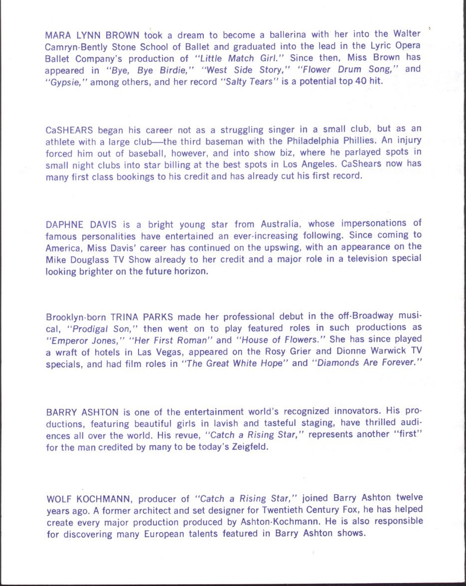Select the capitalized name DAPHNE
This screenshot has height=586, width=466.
tap(64, 224)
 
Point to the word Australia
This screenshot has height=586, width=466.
tap(280, 224)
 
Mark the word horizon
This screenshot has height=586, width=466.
tap(189, 271)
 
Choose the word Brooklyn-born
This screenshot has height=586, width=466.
tap(76, 317)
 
